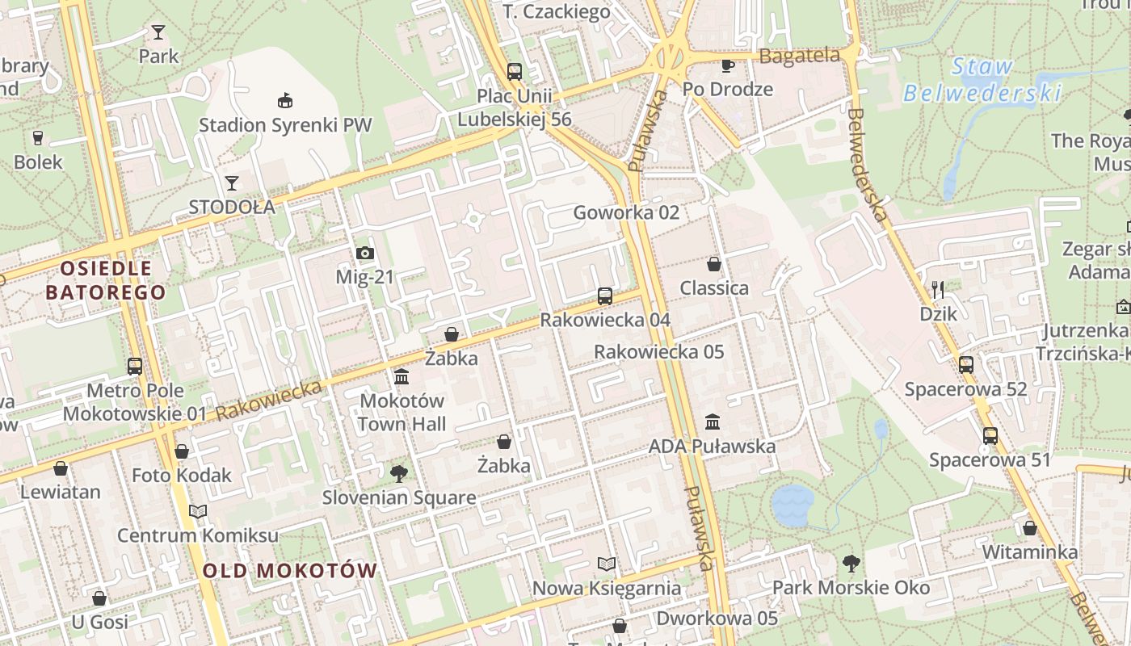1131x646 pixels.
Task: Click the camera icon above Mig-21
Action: pos(365,254)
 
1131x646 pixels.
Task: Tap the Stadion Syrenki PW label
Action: pos(285,125)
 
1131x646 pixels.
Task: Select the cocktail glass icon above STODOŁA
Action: pos(232,182)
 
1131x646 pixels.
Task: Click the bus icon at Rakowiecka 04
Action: pos(605,296)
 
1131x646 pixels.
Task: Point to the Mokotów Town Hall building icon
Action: pos(402,376)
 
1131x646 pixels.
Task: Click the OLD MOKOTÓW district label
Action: pos(289,571)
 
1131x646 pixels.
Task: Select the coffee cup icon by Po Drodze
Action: pos(727,65)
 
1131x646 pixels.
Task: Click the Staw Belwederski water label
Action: pos(982,80)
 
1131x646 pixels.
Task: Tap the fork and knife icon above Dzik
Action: pos(938,289)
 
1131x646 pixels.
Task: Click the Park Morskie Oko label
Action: pos(851,587)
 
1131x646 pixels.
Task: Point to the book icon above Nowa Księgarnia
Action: pos(607,564)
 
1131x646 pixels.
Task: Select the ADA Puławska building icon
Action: pos(713,422)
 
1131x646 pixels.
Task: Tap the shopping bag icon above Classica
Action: pos(714,264)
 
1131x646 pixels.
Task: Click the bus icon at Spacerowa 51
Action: pos(990,436)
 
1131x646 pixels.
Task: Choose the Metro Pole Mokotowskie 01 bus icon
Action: pos(135,366)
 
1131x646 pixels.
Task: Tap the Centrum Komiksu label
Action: pos(198,535)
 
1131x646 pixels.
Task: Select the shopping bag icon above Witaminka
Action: pos(1030,528)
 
